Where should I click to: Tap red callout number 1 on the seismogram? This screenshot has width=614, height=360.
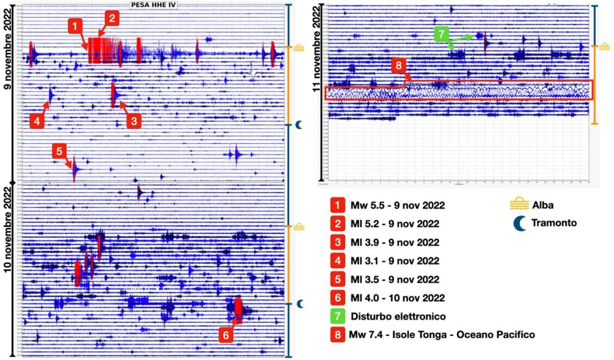click(x=75, y=26)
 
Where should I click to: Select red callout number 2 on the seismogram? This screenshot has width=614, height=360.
click(x=111, y=18)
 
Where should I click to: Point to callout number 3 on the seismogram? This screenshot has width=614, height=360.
click(x=134, y=121)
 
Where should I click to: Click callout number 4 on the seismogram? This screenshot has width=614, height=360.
click(x=37, y=121)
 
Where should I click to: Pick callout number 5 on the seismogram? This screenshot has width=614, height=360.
click(x=58, y=151)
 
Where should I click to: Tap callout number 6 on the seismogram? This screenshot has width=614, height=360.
click(x=225, y=335)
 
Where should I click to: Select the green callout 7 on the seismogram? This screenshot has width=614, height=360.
click(x=441, y=34)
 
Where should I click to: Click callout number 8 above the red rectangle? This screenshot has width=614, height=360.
click(x=399, y=65)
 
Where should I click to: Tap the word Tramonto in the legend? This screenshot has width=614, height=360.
click(x=554, y=223)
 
